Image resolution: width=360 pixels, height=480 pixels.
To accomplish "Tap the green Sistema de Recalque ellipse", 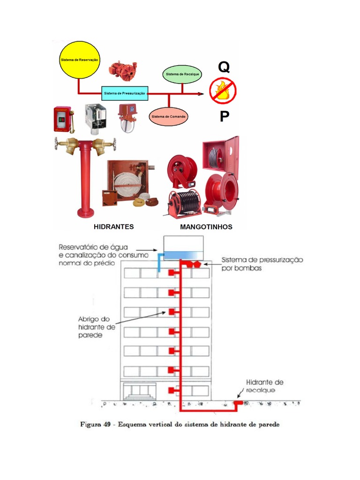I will pyautogui.click(x=183, y=75).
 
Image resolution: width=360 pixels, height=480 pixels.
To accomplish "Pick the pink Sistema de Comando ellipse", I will pyautogui.click(x=169, y=116).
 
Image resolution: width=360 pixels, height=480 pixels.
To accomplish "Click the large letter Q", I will pyautogui.click(x=224, y=67).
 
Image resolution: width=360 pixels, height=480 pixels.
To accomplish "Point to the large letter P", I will pyautogui.click(x=225, y=117).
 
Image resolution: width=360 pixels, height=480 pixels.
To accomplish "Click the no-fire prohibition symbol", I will pyautogui.click(x=223, y=91).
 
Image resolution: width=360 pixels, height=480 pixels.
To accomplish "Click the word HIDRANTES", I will pyautogui.click(x=114, y=226).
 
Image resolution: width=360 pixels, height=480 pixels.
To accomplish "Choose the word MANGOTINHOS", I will pyautogui.click(x=206, y=227).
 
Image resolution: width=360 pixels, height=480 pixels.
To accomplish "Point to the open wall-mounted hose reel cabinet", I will pyautogui.click(x=220, y=154).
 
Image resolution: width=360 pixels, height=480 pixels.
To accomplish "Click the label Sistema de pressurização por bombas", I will pyautogui.click(x=262, y=264).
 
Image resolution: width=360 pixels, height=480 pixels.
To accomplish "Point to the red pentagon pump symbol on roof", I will pyautogui.click(x=198, y=264).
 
